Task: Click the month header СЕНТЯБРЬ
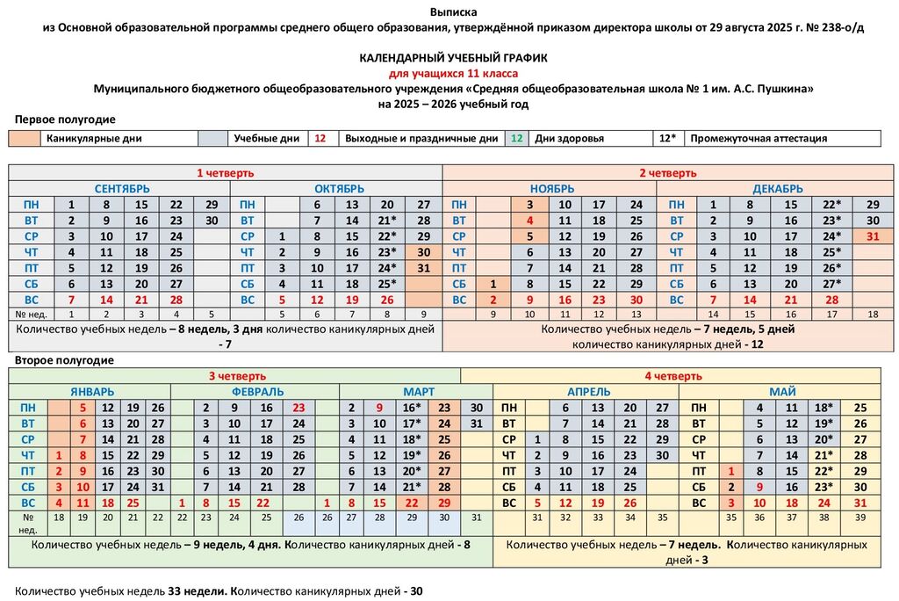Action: [122, 189]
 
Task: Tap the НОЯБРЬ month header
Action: [552, 189]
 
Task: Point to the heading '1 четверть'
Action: [226, 172]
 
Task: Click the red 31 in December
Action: [872, 236]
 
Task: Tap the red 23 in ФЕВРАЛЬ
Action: [298, 408]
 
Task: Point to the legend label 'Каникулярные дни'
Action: [94, 139]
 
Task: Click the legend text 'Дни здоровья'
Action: [569, 139]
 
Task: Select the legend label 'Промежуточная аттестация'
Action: [759, 139]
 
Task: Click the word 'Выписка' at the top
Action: [453, 12]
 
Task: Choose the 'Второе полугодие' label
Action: [64, 360]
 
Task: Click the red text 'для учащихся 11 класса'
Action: [453, 73]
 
